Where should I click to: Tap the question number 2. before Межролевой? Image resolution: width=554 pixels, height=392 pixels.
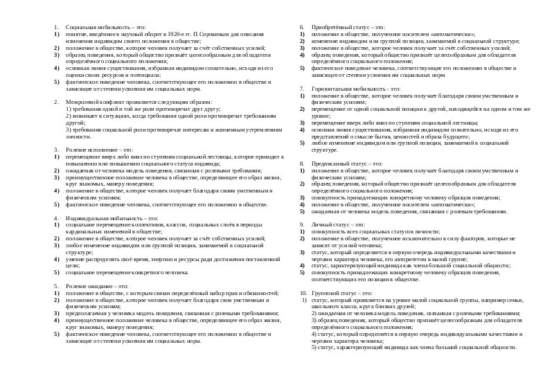pos(57,101)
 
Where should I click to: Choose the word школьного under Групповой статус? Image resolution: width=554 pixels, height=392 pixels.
pos(325,305)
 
